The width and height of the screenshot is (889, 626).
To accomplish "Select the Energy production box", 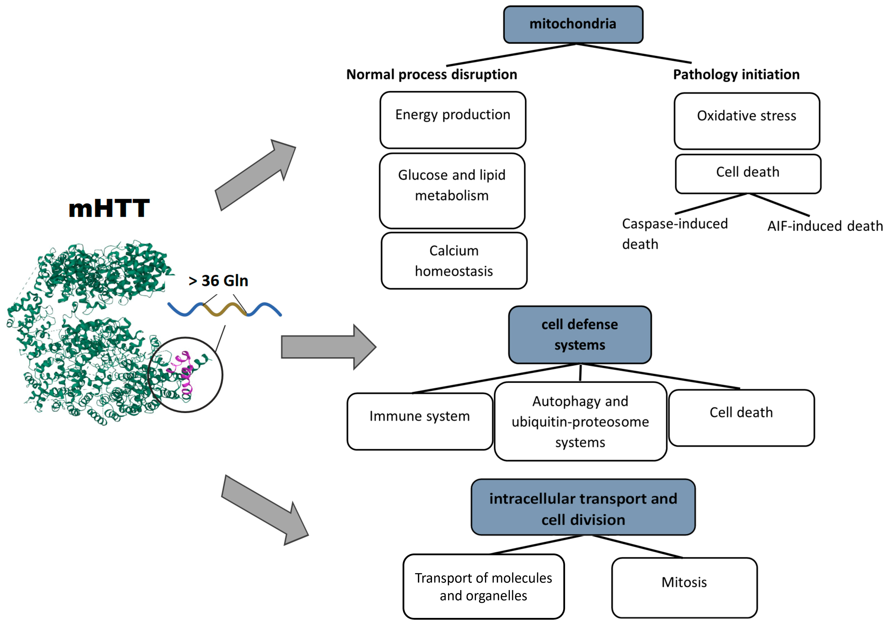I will pyautogui.click(x=453, y=120).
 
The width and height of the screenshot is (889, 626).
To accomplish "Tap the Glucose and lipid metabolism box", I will pyautogui.click(x=452, y=191).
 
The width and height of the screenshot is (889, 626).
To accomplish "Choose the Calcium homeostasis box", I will pyautogui.click(x=454, y=261).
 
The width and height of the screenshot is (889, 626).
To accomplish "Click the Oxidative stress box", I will pyautogui.click(x=746, y=121).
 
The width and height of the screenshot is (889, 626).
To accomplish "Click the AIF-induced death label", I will pyautogui.click(x=825, y=226).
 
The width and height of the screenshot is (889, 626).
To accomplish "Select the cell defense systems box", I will pyautogui.click(x=580, y=335).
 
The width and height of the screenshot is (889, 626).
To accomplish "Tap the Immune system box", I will pyautogui.click(x=420, y=421).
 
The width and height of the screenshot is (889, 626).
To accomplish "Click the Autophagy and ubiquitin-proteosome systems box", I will pyautogui.click(x=580, y=421).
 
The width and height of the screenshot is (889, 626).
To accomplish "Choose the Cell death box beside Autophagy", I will pyautogui.click(x=741, y=417).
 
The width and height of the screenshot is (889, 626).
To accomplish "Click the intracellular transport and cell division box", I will pyautogui.click(x=583, y=507).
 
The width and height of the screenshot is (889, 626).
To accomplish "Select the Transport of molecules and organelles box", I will pyautogui.click(x=483, y=586).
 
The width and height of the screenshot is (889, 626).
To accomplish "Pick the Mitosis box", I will pyautogui.click(x=684, y=587).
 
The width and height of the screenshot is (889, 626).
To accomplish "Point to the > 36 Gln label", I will pyautogui.click(x=218, y=281).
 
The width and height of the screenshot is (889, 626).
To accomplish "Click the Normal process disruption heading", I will pyautogui.click(x=431, y=74).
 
